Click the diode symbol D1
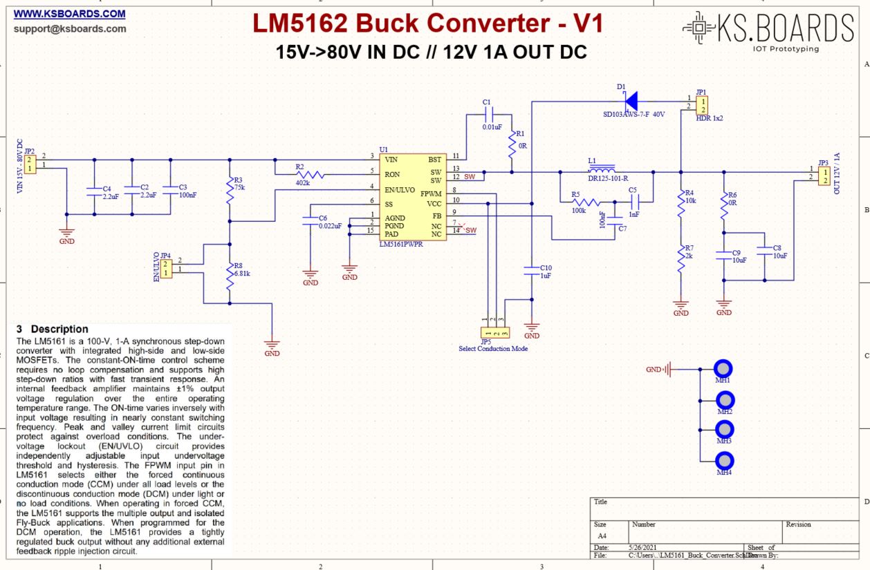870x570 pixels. [x=630, y=101]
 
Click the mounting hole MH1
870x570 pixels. [x=724, y=370]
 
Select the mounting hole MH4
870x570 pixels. [x=724, y=460]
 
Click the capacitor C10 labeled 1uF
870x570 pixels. [x=532, y=272]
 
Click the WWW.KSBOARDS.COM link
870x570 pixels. [x=70, y=14]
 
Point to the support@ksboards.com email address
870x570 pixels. [x=70, y=29]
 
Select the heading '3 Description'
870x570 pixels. [x=53, y=329]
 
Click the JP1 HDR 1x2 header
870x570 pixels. [x=703, y=105]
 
